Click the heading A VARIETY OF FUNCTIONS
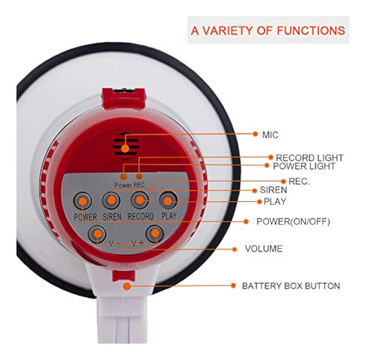point(268,31)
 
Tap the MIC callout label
point(270,135)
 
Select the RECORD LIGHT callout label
point(308,157)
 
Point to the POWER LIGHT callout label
point(304,166)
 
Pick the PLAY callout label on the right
point(274,201)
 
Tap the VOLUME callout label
point(263,249)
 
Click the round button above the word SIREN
point(111,200)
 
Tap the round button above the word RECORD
point(140,200)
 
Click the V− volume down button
point(97,234)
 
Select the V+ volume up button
point(154,234)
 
